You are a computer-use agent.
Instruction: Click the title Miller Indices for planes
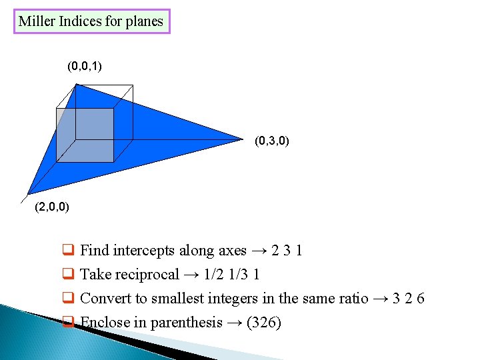pos(91,21)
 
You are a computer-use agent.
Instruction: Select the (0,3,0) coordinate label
pos(271,141)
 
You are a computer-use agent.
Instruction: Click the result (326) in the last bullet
pos(264,323)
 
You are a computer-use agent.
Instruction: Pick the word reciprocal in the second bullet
pos(147,275)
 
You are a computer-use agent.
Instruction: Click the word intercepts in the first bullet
pos(145,251)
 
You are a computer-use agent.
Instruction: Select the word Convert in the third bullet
pos(105,299)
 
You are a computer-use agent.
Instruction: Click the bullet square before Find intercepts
pos(67,251)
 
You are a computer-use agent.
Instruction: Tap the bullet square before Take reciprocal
pos(67,275)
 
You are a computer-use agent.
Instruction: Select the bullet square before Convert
pos(67,299)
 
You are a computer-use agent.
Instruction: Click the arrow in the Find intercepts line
pos(259,251)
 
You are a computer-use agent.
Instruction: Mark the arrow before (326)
pos(235,323)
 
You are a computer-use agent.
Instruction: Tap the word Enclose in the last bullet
pos(104,323)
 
